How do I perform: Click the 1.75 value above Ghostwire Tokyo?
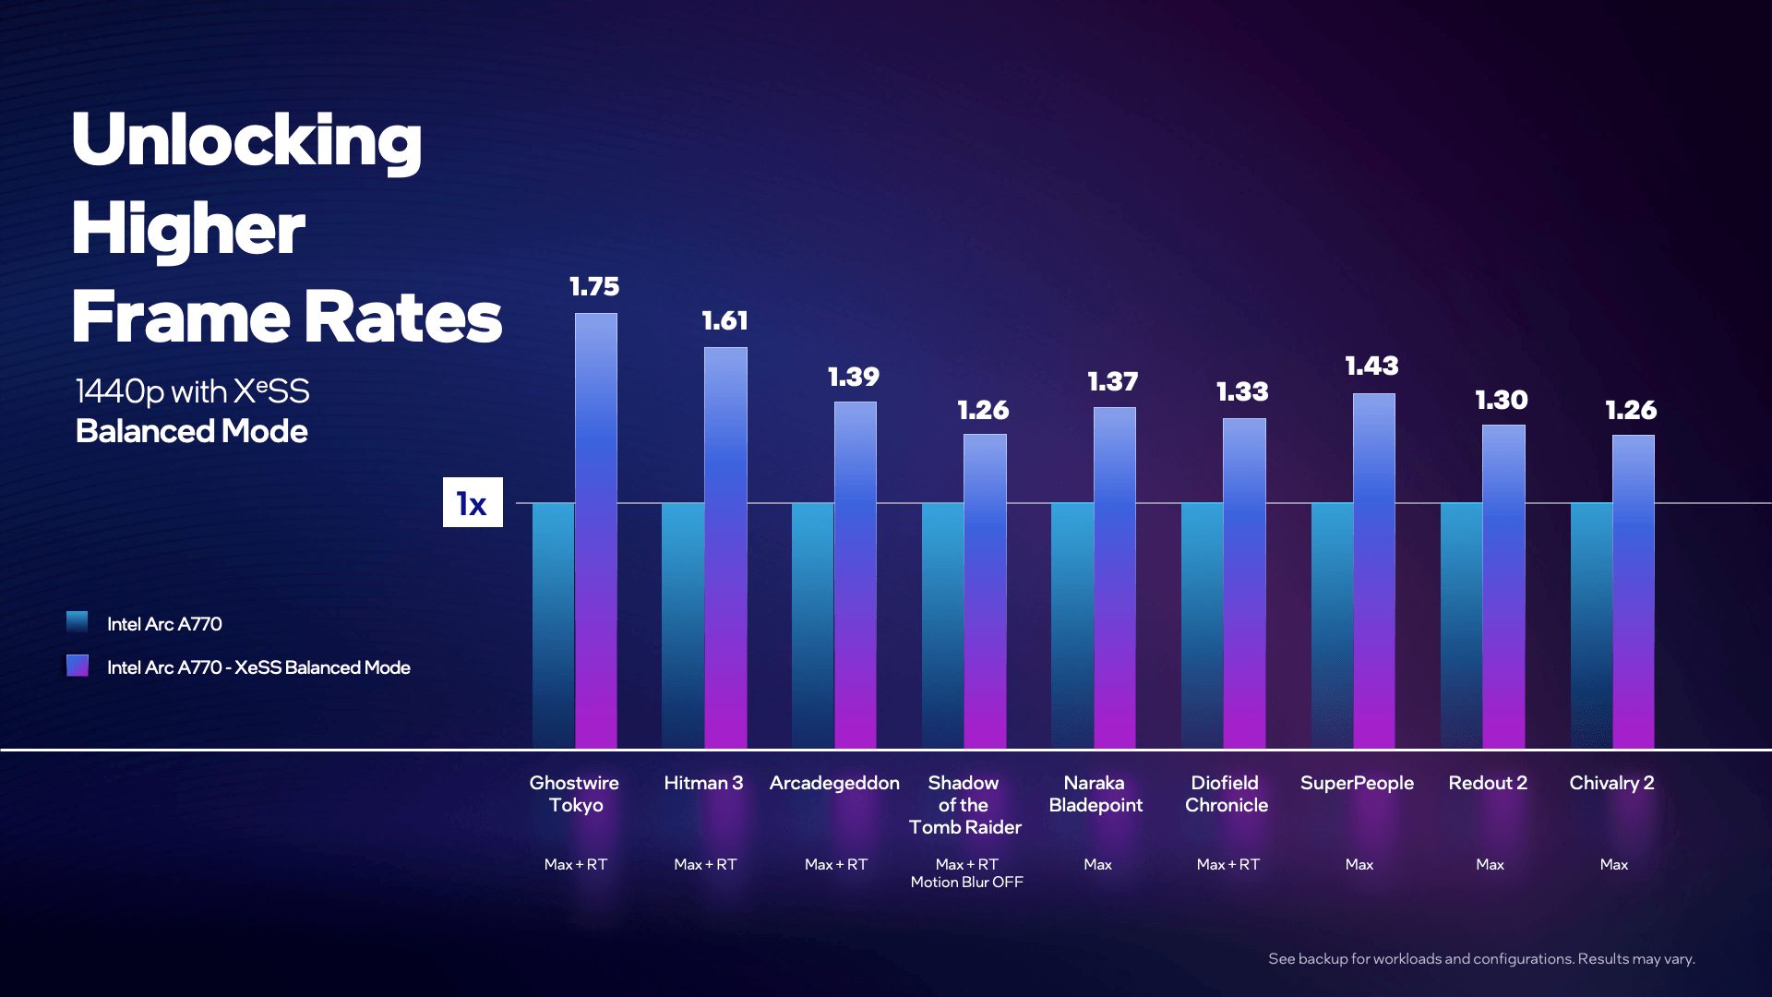click(594, 287)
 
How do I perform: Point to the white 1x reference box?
click(473, 502)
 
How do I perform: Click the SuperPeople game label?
click(1357, 783)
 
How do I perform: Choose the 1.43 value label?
click(1371, 366)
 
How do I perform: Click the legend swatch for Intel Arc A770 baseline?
click(78, 622)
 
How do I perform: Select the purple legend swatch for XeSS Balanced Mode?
click(78, 666)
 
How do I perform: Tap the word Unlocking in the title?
click(246, 140)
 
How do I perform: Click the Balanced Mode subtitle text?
click(191, 431)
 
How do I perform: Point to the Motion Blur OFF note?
click(966, 883)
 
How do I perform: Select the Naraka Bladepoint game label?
click(1096, 794)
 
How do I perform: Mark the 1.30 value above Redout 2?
click(1502, 401)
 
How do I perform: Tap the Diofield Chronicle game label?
click(1226, 794)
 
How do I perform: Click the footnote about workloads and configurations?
click(1481, 959)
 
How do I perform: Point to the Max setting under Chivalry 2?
click(1614, 865)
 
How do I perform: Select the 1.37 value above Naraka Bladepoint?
click(1112, 382)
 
